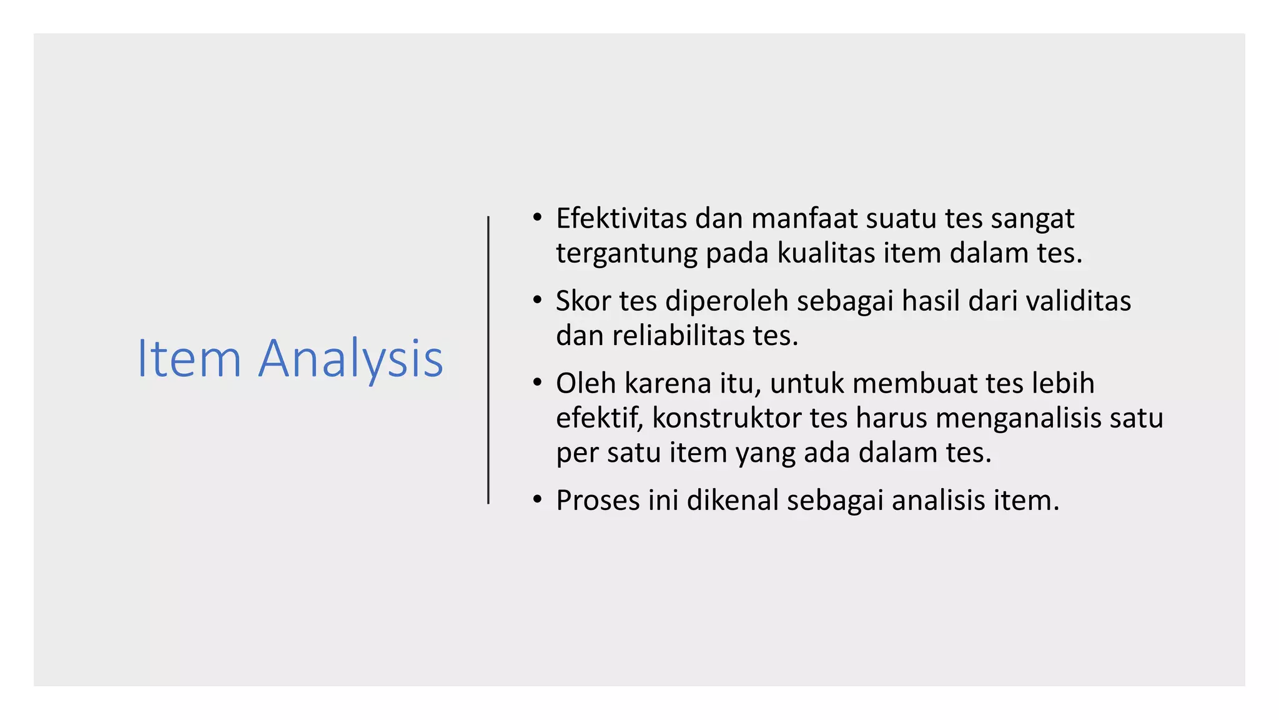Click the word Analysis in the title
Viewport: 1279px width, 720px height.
coord(350,359)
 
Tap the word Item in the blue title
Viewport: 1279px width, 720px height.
coord(189,359)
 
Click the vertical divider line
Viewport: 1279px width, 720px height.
coord(488,360)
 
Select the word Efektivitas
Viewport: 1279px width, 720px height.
coord(621,219)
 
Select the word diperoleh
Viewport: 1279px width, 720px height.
coord(727,301)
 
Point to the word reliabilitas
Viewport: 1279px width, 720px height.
coord(678,336)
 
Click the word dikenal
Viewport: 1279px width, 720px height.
coord(733,501)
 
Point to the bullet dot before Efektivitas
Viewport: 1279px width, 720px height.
coord(537,218)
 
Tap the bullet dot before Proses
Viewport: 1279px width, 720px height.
coord(537,500)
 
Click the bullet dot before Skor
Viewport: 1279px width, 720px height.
coord(537,301)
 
